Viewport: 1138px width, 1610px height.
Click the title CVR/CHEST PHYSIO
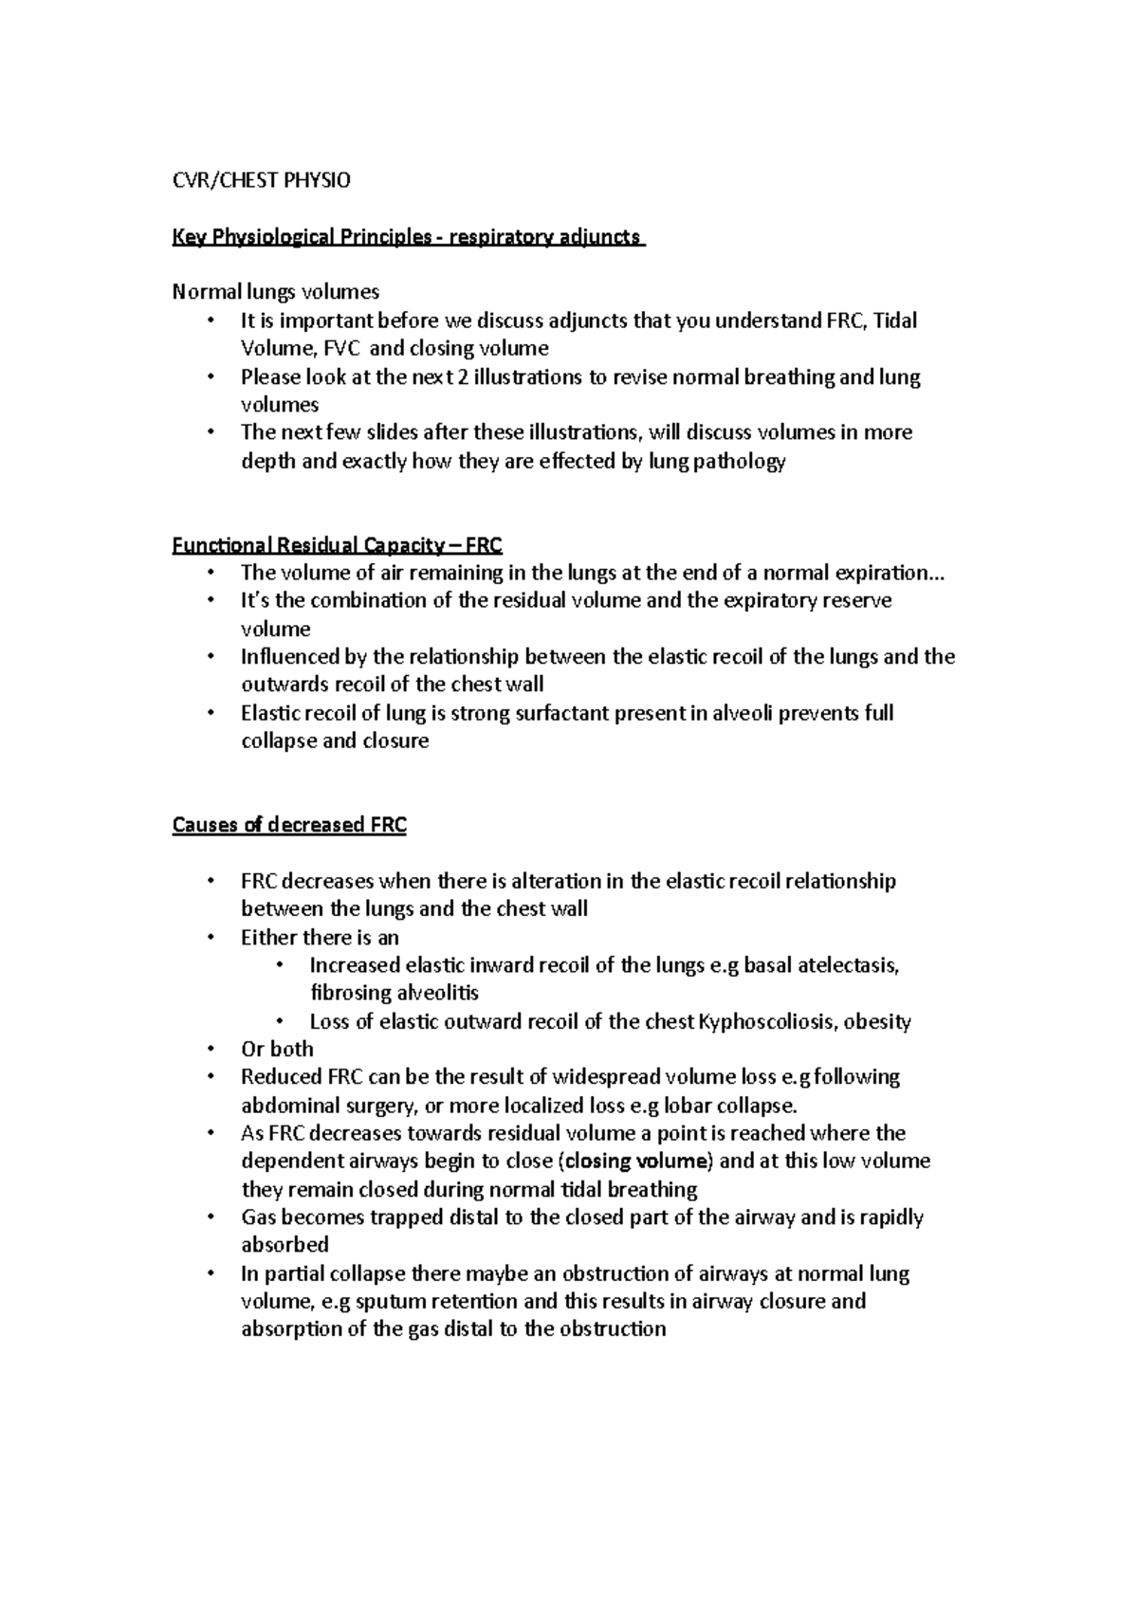pos(261,180)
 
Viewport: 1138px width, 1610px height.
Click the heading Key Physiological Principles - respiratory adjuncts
pos(408,237)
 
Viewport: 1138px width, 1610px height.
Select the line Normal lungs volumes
pos(276,292)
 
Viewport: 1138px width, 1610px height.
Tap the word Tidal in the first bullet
pos(894,320)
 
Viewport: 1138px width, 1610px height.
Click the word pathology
pos(740,462)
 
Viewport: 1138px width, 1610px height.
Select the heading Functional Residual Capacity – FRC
pos(337,545)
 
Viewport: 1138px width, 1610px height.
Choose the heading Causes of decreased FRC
pos(289,825)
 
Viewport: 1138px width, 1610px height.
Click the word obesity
pos(876,1021)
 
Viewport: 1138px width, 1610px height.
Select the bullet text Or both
pos(277,1049)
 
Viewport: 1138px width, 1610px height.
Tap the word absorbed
pos(284,1245)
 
